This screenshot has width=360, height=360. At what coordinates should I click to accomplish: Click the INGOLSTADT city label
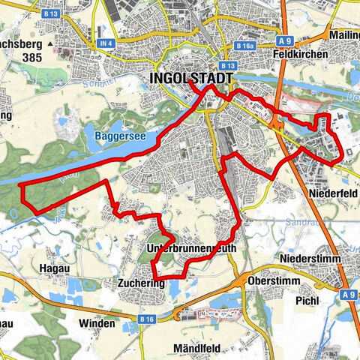191,78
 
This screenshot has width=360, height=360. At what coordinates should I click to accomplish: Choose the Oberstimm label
270,281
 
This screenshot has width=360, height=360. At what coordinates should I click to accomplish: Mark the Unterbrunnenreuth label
193,247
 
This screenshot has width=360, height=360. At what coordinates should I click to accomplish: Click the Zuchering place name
139,283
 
